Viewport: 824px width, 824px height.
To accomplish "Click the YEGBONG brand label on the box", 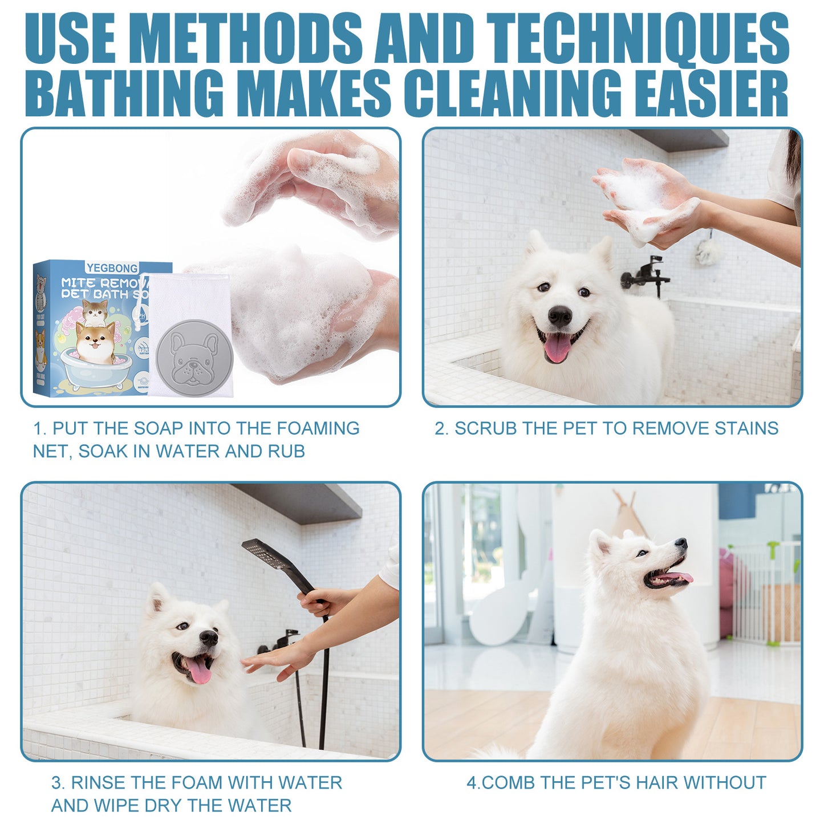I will (x=112, y=268).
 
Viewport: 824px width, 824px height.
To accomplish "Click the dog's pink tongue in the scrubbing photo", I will (x=557, y=348).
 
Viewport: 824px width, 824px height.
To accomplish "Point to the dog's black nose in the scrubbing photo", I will (x=559, y=315).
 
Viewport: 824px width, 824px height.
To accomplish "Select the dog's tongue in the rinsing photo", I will (x=199, y=672).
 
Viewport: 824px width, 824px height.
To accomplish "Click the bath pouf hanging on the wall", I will (x=708, y=251).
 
